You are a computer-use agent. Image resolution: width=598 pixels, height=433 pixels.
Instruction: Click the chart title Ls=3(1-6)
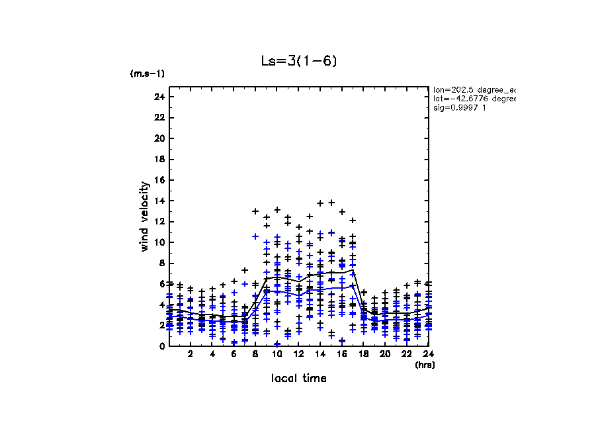click(299, 62)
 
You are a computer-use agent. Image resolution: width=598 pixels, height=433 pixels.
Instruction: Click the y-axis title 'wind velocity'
click(145, 216)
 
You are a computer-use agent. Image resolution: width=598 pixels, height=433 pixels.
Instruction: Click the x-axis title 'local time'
click(299, 378)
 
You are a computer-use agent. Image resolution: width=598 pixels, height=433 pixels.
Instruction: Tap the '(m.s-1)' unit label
click(148, 73)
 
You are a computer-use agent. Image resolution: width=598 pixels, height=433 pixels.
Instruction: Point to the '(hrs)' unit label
click(424, 364)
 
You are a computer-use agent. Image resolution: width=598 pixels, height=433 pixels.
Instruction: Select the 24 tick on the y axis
click(159, 97)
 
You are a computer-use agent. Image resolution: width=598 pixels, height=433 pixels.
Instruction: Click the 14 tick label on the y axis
click(159, 201)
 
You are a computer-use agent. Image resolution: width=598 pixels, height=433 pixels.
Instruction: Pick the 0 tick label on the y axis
click(161, 346)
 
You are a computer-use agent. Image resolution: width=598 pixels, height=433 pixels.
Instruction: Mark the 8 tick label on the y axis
click(161, 263)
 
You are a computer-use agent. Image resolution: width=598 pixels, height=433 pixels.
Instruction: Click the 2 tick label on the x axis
click(191, 355)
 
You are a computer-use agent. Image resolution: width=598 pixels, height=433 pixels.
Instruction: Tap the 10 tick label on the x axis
click(277, 355)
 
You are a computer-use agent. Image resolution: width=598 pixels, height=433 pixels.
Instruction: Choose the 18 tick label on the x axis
click(363, 355)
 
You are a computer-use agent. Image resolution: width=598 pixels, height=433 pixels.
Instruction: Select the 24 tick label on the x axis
click(428, 355)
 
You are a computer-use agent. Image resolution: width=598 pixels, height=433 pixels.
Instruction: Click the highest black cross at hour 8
click(255, 211)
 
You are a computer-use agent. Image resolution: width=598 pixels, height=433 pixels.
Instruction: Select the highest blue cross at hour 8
click(255, 236)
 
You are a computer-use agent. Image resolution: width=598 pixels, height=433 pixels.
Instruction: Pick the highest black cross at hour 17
click(353, 220)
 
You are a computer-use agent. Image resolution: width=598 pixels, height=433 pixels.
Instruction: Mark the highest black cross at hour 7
click(245, 270)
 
